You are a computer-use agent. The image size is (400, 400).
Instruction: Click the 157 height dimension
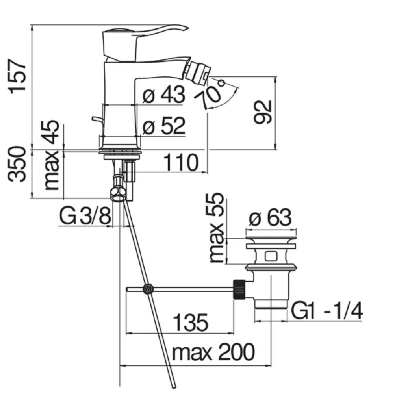tap(17, 77)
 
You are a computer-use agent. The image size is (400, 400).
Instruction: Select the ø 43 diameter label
tap(164, 94)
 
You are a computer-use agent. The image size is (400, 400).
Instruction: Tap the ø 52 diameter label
tap(164, 126)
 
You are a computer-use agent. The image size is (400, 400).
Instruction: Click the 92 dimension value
tap(263, 112)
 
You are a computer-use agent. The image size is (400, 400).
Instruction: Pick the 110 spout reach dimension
tap(181, 163)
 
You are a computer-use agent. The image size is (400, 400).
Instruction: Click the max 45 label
tap(52, 155)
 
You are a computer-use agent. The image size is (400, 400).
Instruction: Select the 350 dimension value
tap(17, 164)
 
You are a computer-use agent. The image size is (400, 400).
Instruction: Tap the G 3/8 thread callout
tap(85, 216)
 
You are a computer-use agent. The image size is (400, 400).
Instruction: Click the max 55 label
tap(216, 228)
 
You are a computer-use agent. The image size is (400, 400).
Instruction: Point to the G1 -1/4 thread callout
tap(327, 311)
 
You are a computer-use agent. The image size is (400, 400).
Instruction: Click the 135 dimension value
tap(191, 322)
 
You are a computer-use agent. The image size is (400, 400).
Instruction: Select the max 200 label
tap(213, 352)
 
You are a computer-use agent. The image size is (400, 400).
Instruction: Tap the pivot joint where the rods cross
tap(148, 289)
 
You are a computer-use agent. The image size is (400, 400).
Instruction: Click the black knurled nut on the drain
tap(239, 289)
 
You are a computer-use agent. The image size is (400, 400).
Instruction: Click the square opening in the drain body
tap(271, 256)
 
